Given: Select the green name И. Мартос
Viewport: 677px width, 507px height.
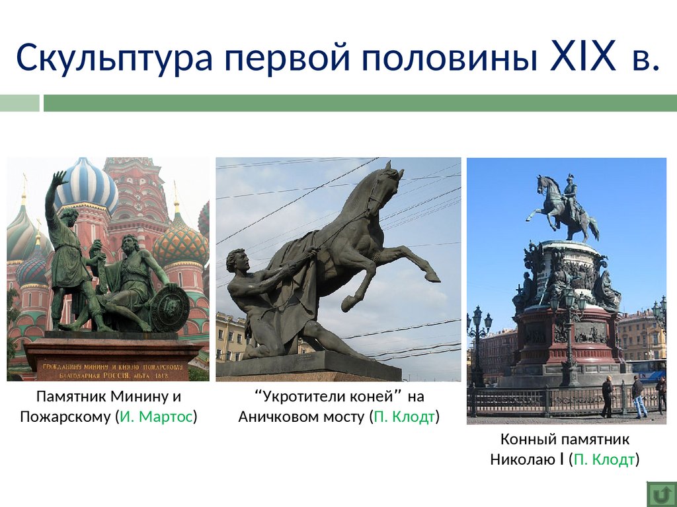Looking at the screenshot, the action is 156,417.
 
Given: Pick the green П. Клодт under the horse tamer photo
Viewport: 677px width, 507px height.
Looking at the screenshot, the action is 404,417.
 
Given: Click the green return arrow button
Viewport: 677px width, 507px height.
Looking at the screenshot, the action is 661,494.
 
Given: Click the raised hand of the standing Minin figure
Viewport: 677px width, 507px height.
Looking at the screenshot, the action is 59,178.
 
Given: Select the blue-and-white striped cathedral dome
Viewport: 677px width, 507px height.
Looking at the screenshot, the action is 87,185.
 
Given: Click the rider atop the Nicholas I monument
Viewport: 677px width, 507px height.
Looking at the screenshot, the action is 571,195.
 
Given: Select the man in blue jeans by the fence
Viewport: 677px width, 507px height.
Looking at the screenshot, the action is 638,396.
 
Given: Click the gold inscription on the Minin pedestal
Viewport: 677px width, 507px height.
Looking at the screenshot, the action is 112,371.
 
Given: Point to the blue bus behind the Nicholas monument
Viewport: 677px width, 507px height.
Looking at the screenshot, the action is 646,370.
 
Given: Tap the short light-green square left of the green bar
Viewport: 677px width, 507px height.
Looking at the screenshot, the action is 19,104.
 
